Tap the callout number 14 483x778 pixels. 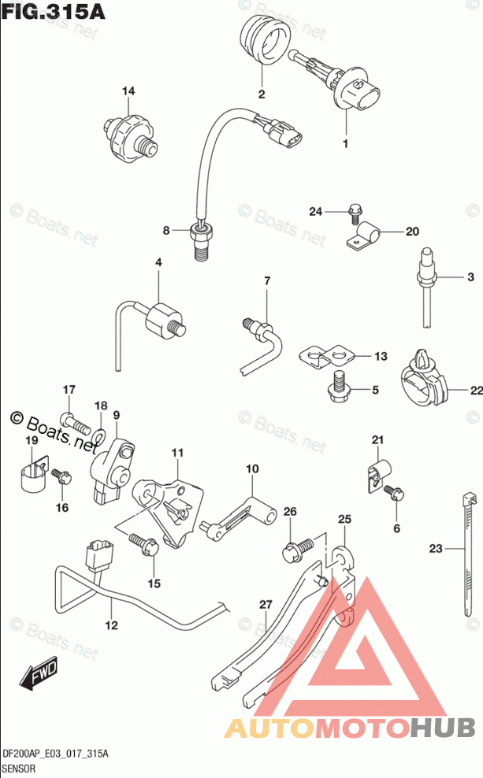point(128,92)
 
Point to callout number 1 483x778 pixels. point(344,143)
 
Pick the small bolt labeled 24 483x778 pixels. point(354,211)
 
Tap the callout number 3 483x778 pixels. point(470,276)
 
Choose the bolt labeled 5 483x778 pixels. point(340,386)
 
